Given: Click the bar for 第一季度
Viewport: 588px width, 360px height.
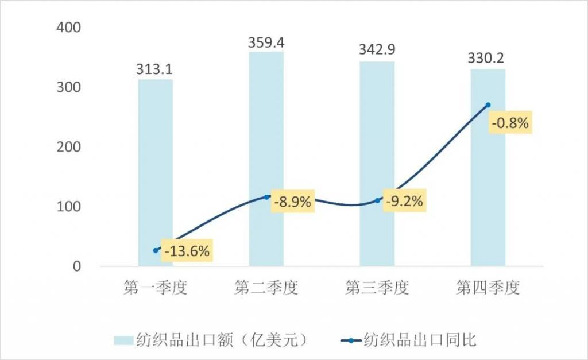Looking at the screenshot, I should point(155,172).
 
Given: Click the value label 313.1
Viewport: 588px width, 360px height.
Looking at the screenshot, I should point(155,69).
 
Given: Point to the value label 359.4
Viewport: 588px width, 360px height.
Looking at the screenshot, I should point(266,42).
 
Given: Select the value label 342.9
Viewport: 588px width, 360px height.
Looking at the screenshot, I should point(377,52).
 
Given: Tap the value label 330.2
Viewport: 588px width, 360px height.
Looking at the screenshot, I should point(488,59).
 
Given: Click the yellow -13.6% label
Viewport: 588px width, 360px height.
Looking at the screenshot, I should point(187,251).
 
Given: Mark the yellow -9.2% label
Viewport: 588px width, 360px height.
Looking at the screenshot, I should point(404,202).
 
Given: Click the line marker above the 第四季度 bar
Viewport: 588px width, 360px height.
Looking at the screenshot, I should point(488,105).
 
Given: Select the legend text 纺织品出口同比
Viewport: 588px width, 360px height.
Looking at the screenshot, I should point(420,340).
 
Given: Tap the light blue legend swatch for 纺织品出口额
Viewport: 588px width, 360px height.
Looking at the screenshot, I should point(123,340).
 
